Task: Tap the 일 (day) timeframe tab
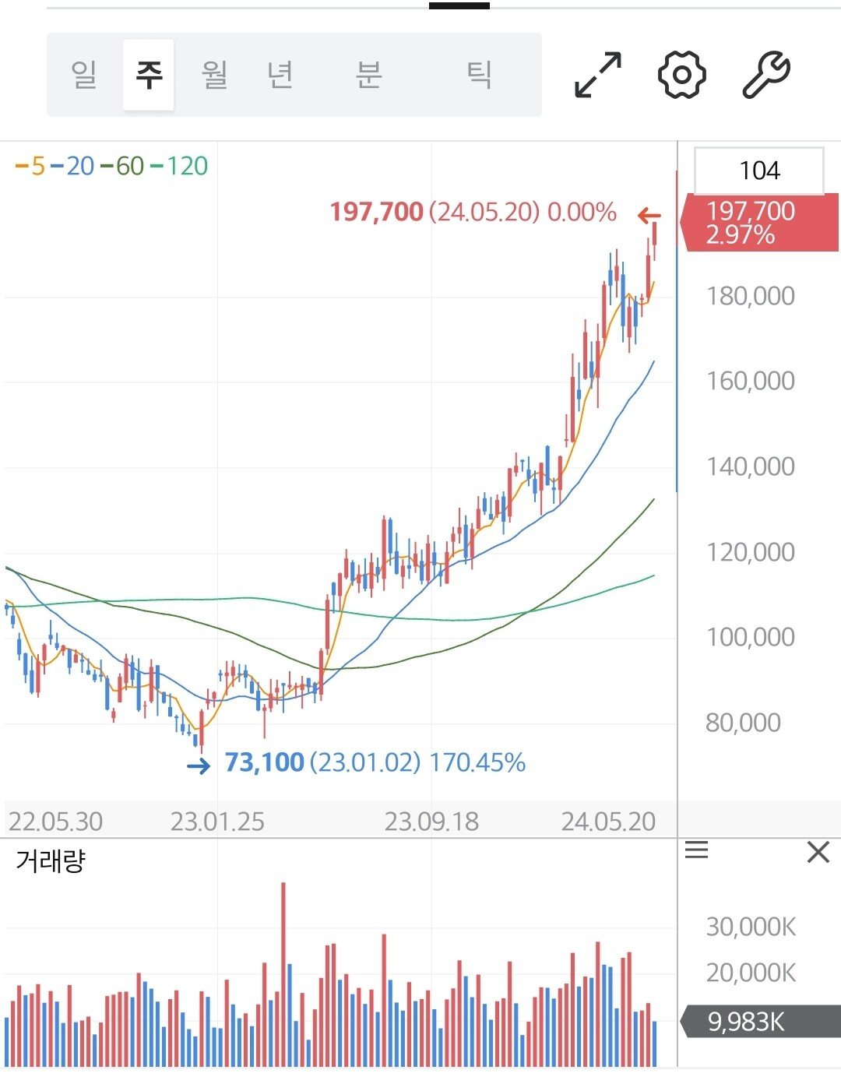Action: point(84,75)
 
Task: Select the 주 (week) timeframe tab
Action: point(149,75)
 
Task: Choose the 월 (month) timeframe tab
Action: point(214,75)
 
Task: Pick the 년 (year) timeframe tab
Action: point(280,75)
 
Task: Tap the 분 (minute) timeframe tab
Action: point(368,75)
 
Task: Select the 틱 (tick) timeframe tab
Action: point(479,75)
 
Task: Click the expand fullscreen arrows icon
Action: point(598,75)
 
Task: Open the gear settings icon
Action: point(681,75)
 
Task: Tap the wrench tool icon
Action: point(766,75)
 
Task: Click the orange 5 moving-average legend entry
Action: point(31,166)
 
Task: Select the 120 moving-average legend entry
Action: point(180,166)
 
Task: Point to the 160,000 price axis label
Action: point(750,381)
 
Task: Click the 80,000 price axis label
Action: point(743,723)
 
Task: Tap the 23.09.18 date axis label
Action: point(431,822)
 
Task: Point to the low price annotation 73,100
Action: point(264,762)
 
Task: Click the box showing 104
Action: point(758,171)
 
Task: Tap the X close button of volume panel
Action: point(818,852)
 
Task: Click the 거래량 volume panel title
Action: point(51,861)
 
